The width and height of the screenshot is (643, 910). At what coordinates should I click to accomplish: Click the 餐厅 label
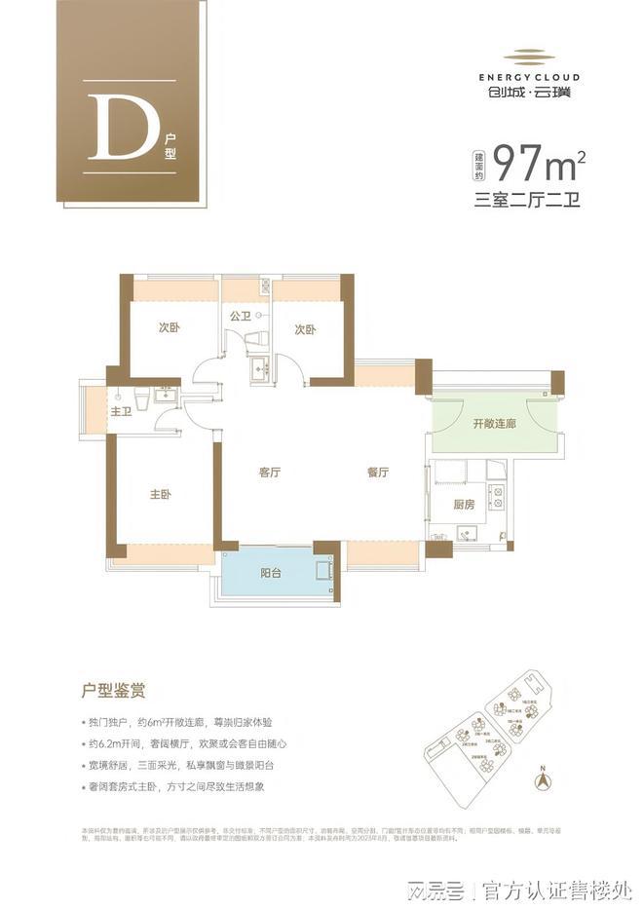[x=378, y=473]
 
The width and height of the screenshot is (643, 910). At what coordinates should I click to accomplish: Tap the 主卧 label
[x=160, y=495]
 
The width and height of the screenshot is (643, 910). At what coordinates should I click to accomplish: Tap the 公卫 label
[x=241, y=316]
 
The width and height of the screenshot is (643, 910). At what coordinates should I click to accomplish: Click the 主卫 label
[x=120, y=412]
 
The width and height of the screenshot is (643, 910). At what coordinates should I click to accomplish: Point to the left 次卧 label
[x=170, y=328]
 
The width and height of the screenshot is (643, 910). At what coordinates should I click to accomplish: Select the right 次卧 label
[x=305, y=329]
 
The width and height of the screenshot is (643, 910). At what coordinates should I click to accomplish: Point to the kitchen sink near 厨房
[x=463, y=534]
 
